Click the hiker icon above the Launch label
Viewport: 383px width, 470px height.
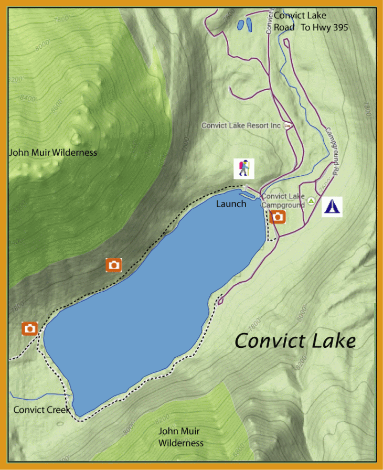coord(243,168)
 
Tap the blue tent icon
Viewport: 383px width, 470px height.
coord(332,207)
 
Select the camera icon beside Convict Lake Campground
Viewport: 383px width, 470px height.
coord(278,217)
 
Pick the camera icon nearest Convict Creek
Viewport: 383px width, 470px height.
coord(30,328)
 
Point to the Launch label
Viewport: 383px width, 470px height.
coord(231,204)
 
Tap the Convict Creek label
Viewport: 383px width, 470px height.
coord(41,410)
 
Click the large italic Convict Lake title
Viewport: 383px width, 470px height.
coord(295,341)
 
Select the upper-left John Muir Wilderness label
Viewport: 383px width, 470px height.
coord(53,153)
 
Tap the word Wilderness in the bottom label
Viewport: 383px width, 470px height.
coord(181,443)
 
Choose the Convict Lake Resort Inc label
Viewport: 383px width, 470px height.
coord(241,126)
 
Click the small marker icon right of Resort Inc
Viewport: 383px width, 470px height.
coord(287,126)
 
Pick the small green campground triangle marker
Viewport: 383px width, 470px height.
coord(311,200)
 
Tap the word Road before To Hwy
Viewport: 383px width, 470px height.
coord(284,27)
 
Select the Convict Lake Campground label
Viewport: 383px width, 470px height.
coord(283,201)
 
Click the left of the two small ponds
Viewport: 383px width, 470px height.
coord(240,24)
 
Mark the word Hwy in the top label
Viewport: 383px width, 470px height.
coord(320,27)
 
